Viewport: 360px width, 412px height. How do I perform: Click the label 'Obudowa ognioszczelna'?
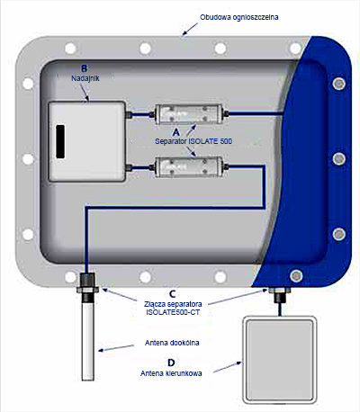click(x=239, y=17)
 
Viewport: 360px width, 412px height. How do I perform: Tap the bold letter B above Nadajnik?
click(x=85, y=68)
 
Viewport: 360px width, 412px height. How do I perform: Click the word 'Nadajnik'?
click(x=85, y=78)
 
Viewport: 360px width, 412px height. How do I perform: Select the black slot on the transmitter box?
click(x=60, y=141)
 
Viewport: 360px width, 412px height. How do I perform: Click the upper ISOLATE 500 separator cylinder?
click(x=188, y=114)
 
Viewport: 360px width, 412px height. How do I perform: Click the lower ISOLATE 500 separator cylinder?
click(x=188, y=166)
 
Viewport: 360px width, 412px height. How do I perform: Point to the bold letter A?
click(x=176, y=132)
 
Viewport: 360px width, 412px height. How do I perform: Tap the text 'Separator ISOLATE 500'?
click(x=193, y=141)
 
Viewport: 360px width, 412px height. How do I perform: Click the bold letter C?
click(x=173, y=294)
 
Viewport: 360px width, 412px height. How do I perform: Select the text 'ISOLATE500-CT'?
click(x=173, y=312)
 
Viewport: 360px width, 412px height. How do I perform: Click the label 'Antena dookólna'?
click(x=172, y=343)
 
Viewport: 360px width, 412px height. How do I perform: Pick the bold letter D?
click(x=171, y=363)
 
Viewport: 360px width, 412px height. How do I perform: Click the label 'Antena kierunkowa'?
click(x=171, y=373)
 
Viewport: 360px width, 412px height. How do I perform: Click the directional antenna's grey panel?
click(x=279, y=359)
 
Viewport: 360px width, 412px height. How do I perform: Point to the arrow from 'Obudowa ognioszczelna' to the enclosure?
click(x=190, y=29)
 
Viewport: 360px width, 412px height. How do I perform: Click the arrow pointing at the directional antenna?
click(x=228, y=367)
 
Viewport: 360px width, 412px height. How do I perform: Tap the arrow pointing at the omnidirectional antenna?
click(x=116, y=348)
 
